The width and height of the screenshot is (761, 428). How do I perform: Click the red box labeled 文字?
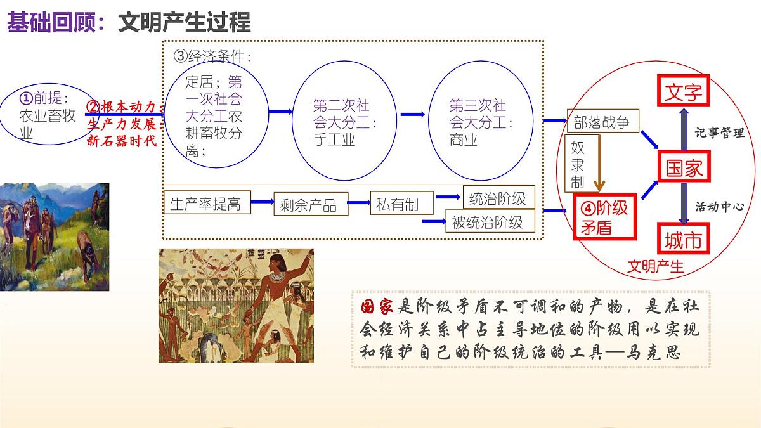click(684, 92)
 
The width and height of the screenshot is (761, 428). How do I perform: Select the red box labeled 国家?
click(684, 168)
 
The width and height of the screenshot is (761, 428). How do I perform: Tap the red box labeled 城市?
click(684, 239)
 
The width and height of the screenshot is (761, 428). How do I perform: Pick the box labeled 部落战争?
click(602, 122)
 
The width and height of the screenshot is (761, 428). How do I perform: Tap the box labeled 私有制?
click(398, 204)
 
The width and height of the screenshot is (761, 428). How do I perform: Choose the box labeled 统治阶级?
click(498, 198)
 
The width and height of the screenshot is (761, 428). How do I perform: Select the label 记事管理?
click(719, 133)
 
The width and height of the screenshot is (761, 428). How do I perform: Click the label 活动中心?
click(719, 206)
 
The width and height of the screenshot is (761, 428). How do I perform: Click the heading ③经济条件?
click(212, 56)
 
